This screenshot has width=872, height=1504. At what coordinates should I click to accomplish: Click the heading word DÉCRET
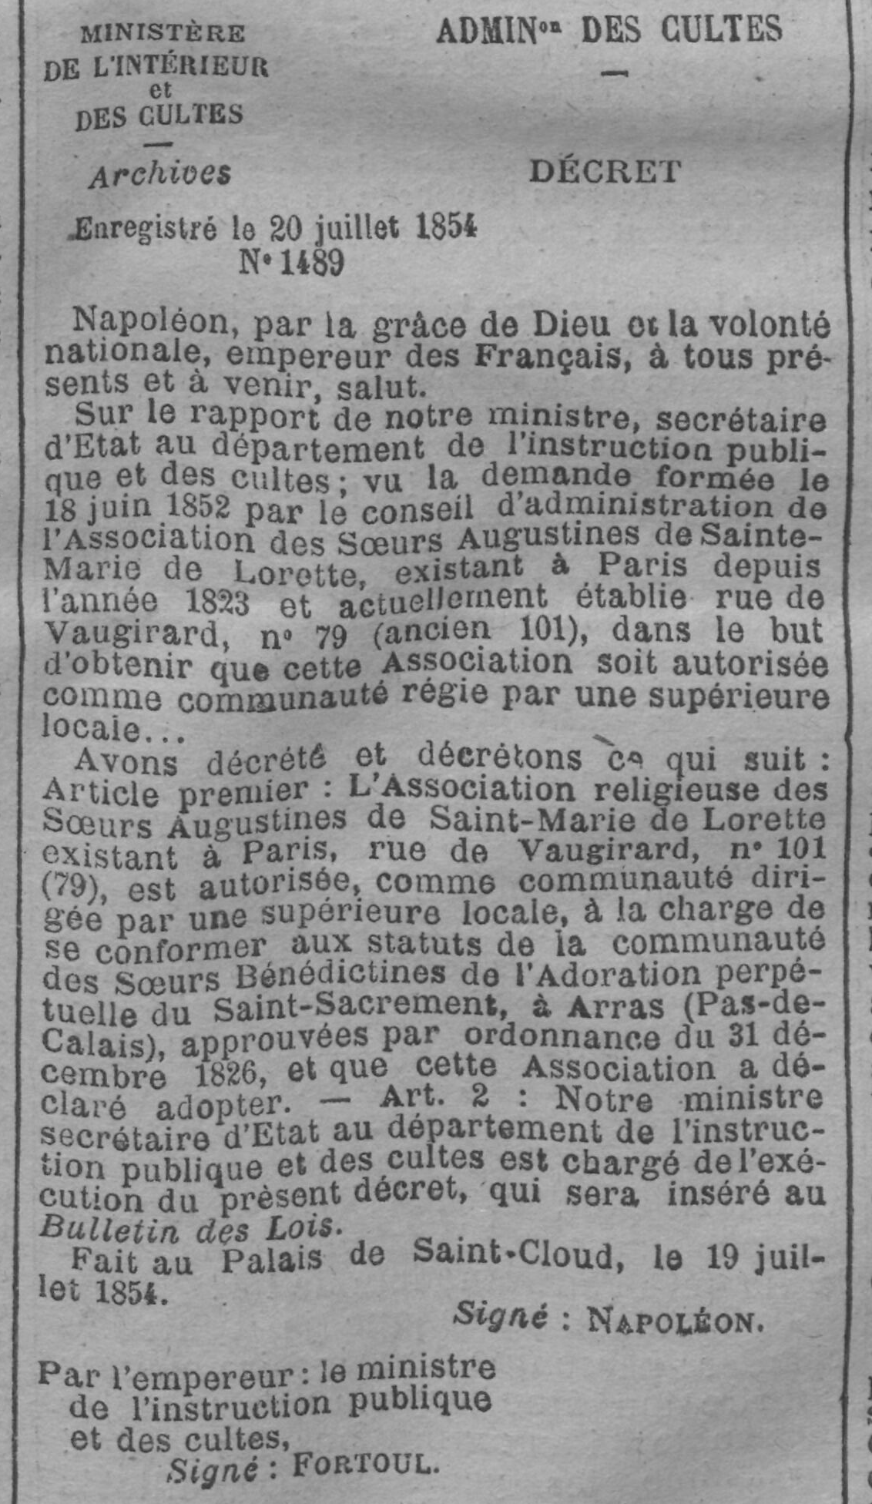click(605, 171)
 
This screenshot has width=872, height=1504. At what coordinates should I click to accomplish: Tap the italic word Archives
click(159, 175)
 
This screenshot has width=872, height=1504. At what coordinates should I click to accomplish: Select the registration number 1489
click(311, 264)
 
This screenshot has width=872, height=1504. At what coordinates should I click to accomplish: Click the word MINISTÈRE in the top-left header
click(163, 34)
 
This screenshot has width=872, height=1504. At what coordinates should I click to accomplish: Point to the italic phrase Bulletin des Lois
click(189, 1225)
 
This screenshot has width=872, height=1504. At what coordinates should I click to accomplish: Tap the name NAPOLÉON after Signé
click(675, 1321)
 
